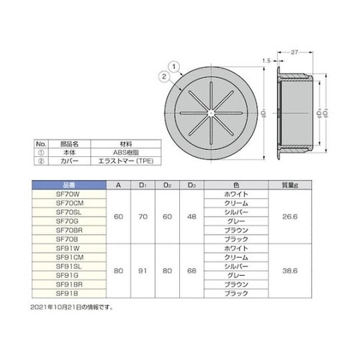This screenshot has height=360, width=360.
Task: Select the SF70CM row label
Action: coord(66,204)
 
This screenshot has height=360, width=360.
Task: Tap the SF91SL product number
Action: coord(66,265)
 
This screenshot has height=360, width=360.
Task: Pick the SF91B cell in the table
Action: coord(66,295)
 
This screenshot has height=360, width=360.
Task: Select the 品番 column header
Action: coord(66,184)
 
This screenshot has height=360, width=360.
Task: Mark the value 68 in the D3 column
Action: coord(192,270)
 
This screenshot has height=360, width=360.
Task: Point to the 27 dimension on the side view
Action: coord(295,53)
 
